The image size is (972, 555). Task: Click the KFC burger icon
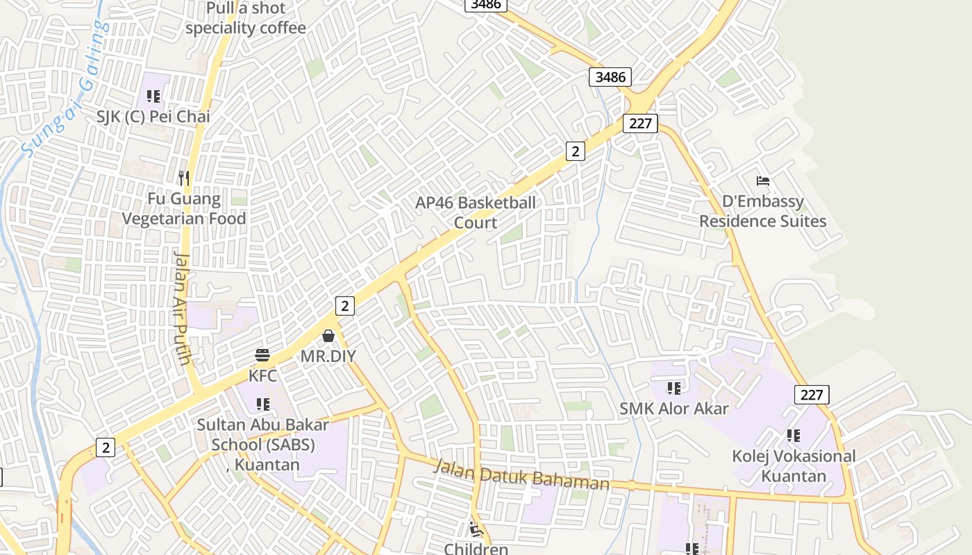coord(262,355)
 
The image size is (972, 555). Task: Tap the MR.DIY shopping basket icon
coord(328,336)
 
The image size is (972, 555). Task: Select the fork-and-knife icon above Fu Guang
coord(184,178)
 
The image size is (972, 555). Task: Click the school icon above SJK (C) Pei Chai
coord(153,96)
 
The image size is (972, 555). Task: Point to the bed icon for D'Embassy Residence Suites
coord(763,181)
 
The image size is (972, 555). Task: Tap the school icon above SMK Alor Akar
coord(673,388)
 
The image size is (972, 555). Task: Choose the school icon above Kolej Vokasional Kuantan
coord(794,436)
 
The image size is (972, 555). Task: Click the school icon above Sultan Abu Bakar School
coord(262,404)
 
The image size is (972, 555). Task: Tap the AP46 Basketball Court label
coord(476,212)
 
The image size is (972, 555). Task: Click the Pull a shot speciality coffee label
coord(245,19)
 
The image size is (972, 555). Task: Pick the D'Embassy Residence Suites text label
coord(762,212)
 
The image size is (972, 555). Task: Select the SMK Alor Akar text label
coord(674,409)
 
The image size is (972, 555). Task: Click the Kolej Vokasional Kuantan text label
coord(794,466)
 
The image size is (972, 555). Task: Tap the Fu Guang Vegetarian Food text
coord(184,209)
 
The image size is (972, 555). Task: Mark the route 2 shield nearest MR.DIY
coord(345,305)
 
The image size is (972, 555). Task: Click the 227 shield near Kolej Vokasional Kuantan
coord(811,395)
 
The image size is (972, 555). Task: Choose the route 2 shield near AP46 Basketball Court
coord(575,151)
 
